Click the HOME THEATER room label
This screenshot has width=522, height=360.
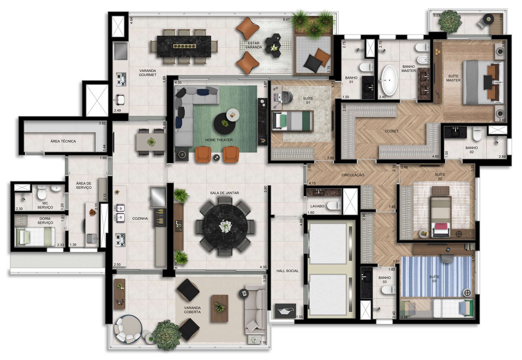[x=219, y=140]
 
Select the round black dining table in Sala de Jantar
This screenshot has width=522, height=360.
[x=225, y=227]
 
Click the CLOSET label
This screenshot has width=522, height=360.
[x=391, y=131]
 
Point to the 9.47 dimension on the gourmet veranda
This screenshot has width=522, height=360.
[x=286, y=20]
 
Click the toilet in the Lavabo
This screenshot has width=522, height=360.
[x=334, y=206]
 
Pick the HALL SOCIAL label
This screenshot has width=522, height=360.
[x=287, y=271]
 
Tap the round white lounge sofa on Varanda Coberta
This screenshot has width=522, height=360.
[x=128, y=329]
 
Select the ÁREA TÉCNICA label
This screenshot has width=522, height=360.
[x=63, y=141]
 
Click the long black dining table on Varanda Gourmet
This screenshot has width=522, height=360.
[x=184, y=46]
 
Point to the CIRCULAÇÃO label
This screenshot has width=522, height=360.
[x=353, y=175]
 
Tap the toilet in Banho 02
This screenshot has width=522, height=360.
[x=477, y=134]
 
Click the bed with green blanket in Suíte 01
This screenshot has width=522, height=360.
[x=293, y=121]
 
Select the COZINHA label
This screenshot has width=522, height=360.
[x=140, y=218]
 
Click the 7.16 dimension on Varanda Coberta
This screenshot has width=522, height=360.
[x=263, y=342]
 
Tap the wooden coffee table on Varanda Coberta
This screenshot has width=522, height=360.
[x=220, y=308]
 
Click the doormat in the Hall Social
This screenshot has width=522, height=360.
[x=285, y=311]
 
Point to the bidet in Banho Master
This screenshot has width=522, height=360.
[x=422, y=60]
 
